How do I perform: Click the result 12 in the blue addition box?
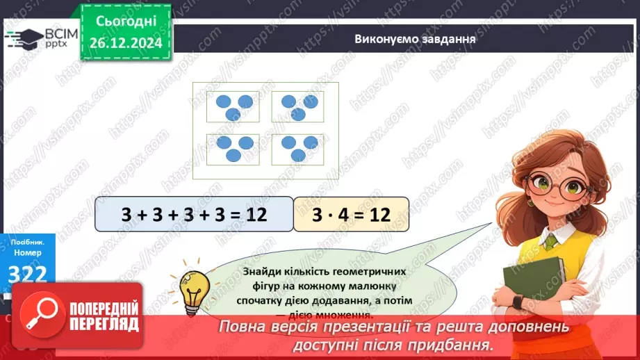[256, 214]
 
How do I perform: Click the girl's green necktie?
[550, 242]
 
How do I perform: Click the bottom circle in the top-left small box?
[234, 113]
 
